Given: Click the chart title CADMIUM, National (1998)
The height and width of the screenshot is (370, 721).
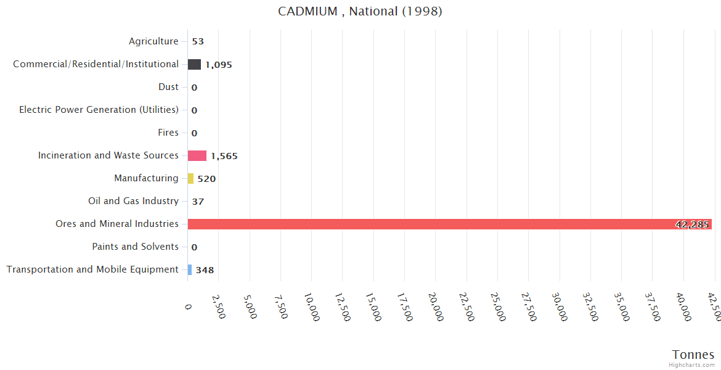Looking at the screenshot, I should click(x=360, y=12).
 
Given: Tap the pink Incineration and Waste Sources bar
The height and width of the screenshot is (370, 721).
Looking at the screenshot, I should click(x=197, y=155).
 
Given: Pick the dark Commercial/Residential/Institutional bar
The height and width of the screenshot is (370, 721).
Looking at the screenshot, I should click(x=194, y=64).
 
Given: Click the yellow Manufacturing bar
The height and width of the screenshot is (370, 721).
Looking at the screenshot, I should click(x=190, y=178).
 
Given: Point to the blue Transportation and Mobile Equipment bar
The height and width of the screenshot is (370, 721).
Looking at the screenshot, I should click(x=190, y=269).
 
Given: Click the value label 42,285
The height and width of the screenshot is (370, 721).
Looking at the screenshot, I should click(x=691, y=224).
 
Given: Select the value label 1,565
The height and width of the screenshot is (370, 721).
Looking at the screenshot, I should click(x=224, y=156).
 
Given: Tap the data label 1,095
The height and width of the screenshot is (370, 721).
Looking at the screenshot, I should click(x=218, y=65).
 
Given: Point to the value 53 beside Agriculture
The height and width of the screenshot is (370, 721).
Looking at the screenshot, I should click(x=197, y=42).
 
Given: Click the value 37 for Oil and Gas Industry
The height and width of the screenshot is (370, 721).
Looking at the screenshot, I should click(x=197, y=202).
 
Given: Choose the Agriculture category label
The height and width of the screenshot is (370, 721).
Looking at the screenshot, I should click(x=153, y=41).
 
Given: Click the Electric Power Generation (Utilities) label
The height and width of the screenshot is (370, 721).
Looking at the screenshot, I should click(x=99, y=110).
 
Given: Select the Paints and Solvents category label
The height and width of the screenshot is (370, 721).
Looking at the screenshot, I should click(x=135, y=247).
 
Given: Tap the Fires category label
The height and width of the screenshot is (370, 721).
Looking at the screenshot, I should click(x=168, y=133).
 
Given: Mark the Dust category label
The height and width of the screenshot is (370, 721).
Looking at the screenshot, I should click(x=168, y=87).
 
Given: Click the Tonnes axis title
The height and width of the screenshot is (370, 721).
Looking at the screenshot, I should click(x=693, y=355).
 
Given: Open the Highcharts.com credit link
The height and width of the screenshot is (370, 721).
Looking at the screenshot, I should click(x=693, y=365).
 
